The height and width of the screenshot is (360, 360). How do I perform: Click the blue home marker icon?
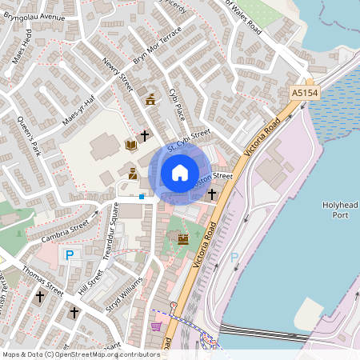click(180, 172)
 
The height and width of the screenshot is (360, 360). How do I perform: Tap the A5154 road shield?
click(304, 94)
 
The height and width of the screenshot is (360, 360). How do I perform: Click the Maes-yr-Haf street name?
click(78, 110)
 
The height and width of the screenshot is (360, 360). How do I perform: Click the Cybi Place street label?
click(177, 104)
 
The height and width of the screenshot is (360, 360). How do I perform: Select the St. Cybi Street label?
click(188, 141)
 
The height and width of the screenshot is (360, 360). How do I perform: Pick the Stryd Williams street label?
click(125, 296)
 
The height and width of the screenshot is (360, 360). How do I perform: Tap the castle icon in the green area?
click(182, 238)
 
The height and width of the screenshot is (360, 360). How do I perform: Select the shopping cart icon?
click(156, 326)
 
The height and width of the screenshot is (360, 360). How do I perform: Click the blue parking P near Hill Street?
click(69, 254)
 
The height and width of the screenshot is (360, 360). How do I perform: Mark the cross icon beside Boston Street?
click(212, 194)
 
